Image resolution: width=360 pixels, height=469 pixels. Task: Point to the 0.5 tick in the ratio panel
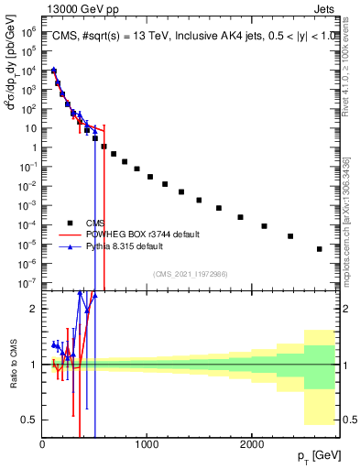[x=31, y=420]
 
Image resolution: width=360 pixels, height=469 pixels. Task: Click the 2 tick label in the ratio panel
[x=34, y=309]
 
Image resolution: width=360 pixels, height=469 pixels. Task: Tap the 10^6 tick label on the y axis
[x=28, y=30]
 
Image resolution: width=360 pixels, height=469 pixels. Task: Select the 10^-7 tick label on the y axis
[x=28, y=282]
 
